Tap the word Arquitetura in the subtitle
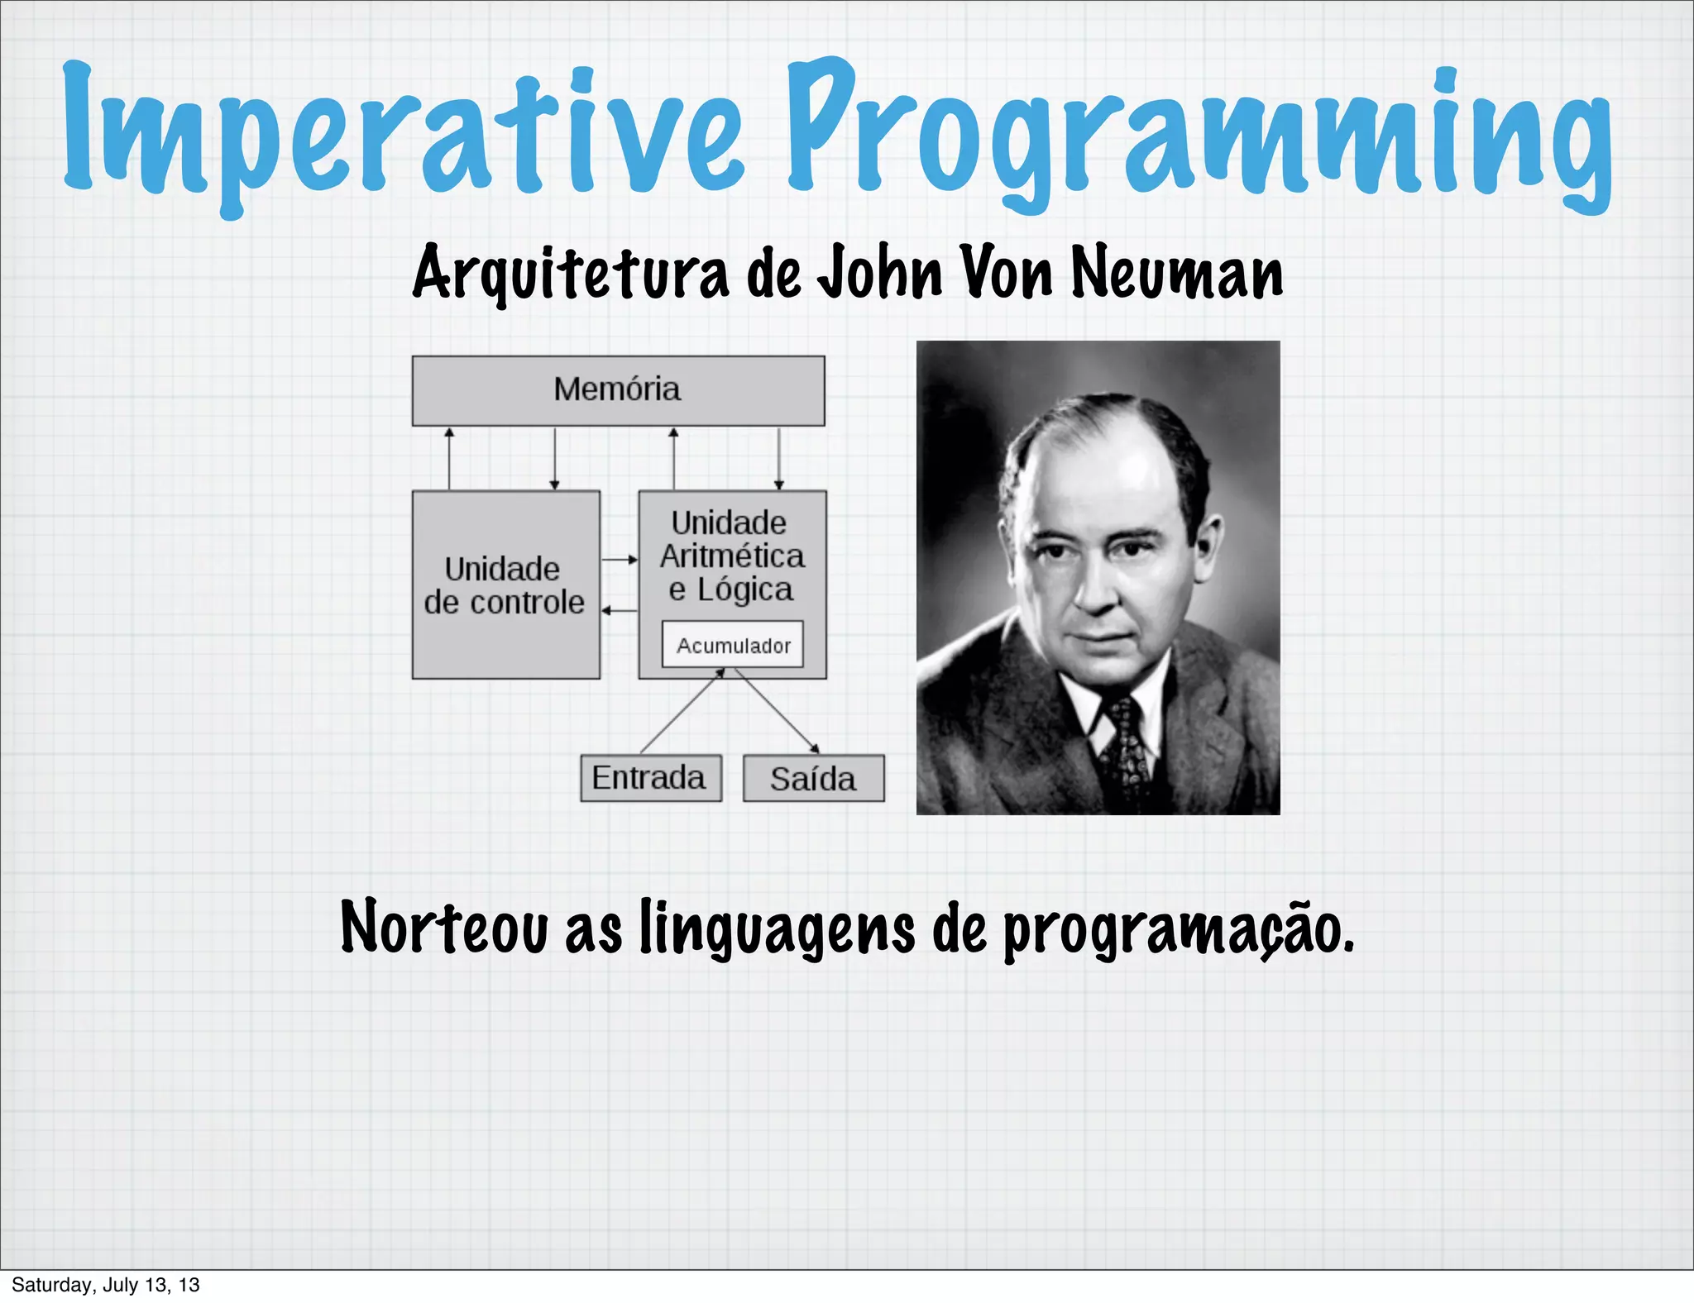pos(571,273)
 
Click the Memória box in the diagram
pos(618,390)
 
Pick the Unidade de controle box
pos(505,585)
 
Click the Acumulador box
pos(733,645)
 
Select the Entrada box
pos(650,778)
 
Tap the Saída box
pos(813,779)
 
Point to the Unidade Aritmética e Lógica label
pos(731,556)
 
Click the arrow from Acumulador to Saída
pos(778,712)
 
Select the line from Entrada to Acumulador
pos(678,712)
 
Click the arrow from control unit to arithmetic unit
pos(620,560)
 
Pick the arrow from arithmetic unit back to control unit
pos(620,610)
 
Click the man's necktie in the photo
pos(1125,752)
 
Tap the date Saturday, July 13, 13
pos(106,1285)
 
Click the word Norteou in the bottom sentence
pos(444,928)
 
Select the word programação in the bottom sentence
pos(1178,930)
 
